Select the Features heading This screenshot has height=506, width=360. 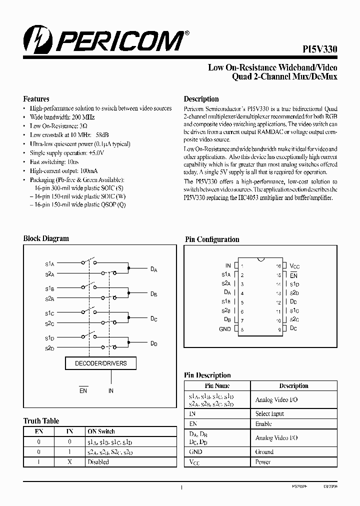[x=36, y=99]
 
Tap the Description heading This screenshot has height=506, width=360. [x=201, y=99]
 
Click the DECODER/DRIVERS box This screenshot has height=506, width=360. [x=100, y=363]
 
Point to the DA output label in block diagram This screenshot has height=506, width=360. [x=154, y=269]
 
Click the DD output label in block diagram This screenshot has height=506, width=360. [x=154, y=343]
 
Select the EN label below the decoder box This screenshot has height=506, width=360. [x=83, y=390]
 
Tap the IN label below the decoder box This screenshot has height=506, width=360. [x=111, y=390]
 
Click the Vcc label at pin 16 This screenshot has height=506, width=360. [x=294, y=266]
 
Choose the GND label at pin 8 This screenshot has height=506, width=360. [x=225, y=329]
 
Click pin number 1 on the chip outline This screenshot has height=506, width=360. [x=242, y=266]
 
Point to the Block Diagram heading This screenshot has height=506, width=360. [x=46, y=238]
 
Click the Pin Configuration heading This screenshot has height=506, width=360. [x=212, y=239]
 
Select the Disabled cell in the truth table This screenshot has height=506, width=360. [x=98, y=462]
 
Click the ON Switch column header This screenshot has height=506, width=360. [x=101, y=431]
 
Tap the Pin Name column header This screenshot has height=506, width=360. [x=217, y=385]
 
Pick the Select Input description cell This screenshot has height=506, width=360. [x=270, y=413]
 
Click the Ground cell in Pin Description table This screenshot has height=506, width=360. [x=264, y=451]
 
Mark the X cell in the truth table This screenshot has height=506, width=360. [x=69, y=462]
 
